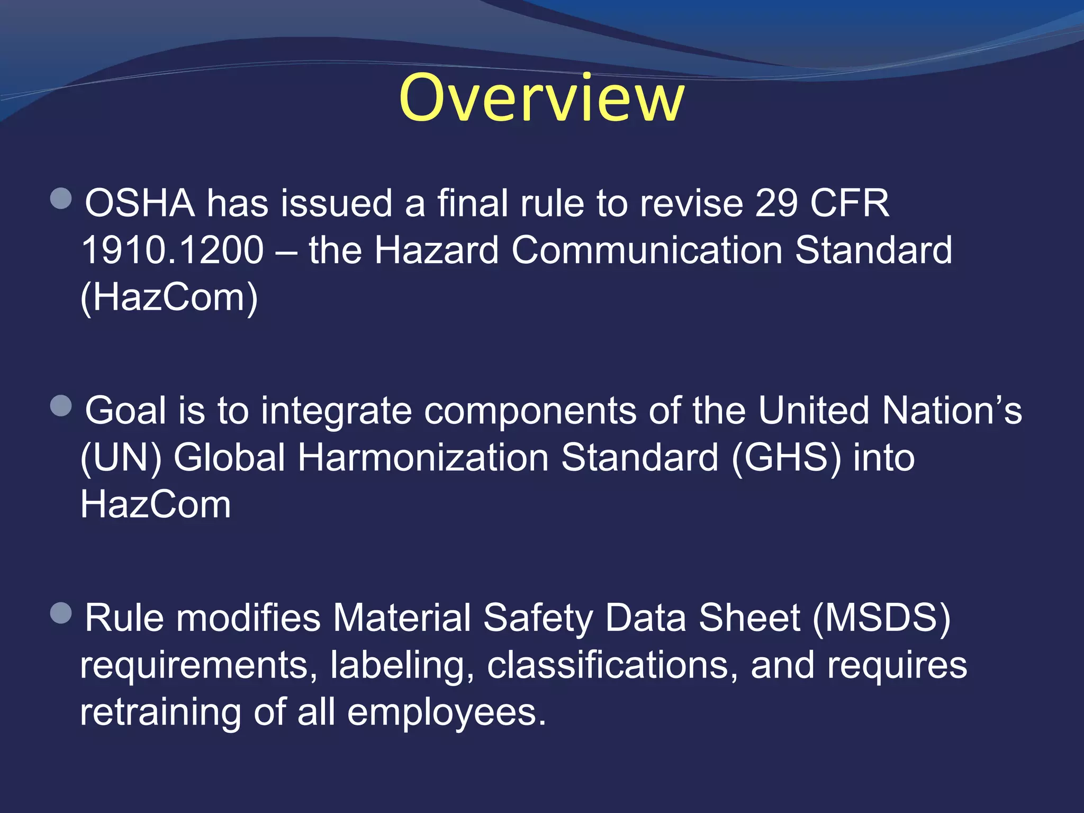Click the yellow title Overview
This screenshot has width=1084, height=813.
coord(541,98)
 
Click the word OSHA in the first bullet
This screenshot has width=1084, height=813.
coord(140,203)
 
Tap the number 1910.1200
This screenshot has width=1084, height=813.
coord(173,250)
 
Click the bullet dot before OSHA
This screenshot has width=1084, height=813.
coord(61,199)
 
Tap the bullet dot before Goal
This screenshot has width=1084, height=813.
coord(61,406)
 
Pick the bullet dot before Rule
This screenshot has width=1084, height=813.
coord(61,613)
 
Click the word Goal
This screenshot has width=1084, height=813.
coord(125,411)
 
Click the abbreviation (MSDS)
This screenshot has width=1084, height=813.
coord(881,618)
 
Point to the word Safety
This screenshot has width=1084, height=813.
coord(538,618)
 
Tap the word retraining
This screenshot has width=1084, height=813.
coord(160,712)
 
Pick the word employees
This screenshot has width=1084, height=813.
coord(446,712)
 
